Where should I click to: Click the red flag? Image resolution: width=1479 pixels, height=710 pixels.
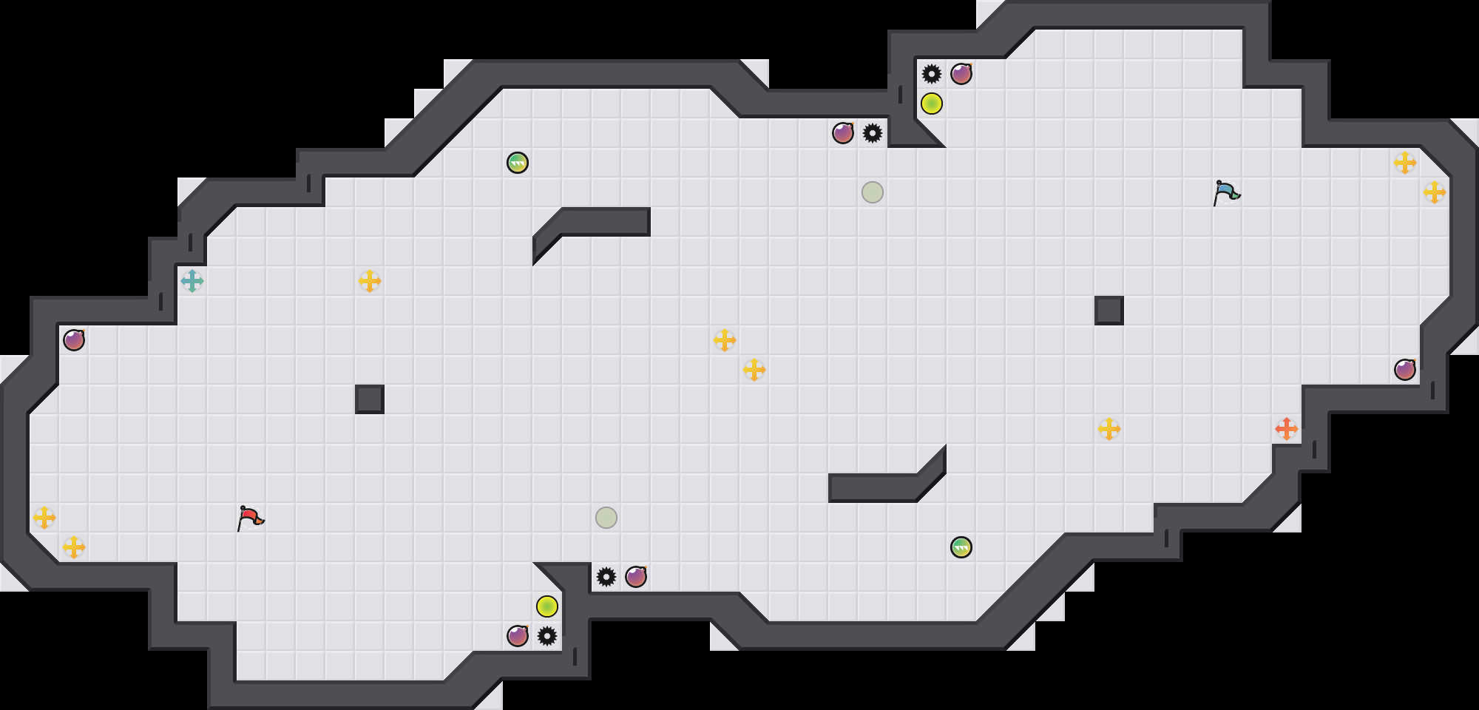250,517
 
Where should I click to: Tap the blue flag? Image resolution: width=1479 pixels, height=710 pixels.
1226,192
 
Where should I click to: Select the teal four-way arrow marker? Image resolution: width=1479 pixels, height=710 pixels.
192,281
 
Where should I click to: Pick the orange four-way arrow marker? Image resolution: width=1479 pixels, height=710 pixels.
1287,429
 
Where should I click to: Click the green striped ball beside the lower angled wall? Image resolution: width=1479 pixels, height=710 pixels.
961,547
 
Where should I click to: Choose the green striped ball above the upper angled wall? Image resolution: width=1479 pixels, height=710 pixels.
518,163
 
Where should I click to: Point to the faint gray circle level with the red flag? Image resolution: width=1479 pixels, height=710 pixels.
606,518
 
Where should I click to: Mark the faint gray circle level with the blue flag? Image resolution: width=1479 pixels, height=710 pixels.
873,192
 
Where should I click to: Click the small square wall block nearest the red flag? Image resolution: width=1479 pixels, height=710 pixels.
370,399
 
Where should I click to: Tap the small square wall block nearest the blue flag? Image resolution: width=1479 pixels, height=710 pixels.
1109,311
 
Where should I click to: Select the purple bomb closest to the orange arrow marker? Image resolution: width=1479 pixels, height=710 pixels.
1405,370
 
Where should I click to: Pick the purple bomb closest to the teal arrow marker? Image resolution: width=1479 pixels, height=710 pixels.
74,340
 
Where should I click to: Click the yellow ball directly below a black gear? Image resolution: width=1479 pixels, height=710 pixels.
932,104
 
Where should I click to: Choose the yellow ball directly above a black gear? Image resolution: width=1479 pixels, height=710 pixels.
547,606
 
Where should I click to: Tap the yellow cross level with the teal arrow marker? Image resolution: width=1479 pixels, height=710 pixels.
370,281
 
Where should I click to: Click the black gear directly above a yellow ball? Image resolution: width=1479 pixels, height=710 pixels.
932,74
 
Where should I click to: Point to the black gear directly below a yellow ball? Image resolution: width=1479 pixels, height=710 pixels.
547,636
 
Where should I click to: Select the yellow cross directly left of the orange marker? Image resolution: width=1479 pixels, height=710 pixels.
1109,429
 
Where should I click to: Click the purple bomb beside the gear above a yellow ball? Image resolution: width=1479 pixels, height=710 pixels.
961,74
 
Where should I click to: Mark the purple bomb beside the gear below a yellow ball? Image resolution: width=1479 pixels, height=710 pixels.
518,636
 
